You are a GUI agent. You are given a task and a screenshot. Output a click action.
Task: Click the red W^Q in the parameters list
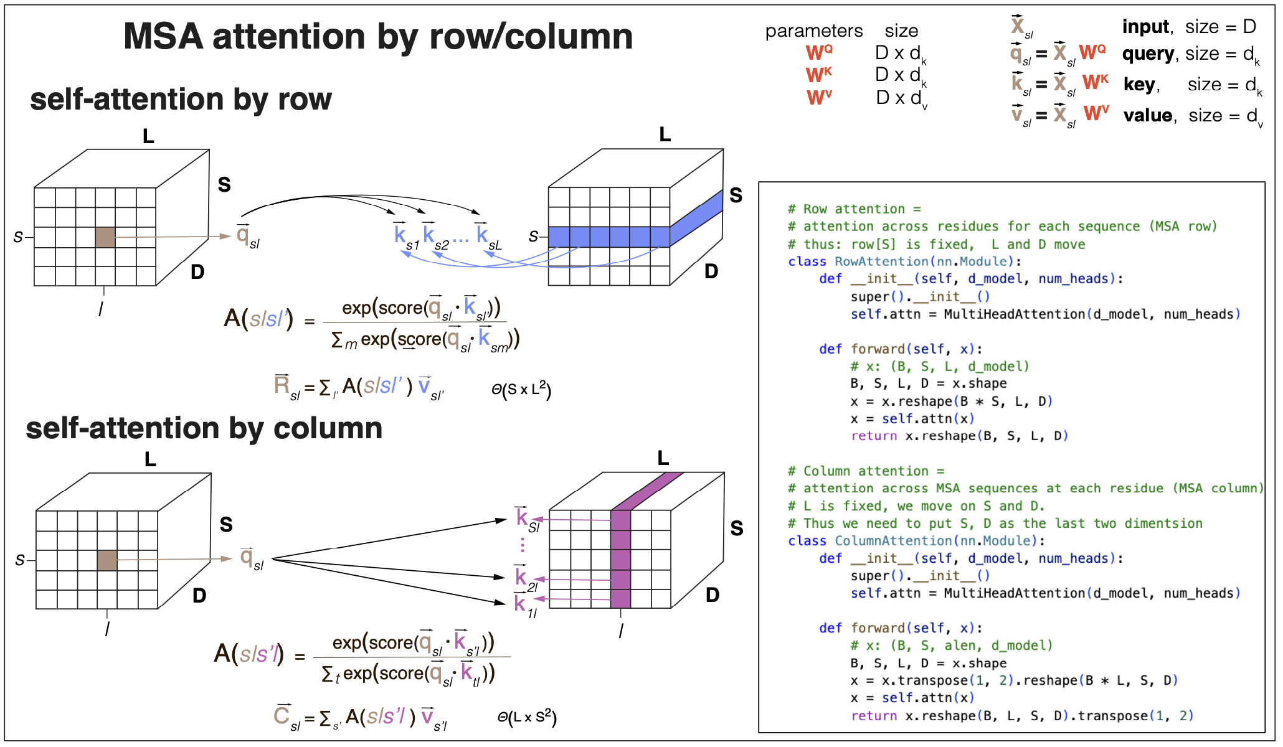pos(818,52)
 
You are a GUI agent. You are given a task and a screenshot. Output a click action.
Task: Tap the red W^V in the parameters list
pos(819,98)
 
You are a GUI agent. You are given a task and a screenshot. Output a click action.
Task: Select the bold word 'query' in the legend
pos(1148,54)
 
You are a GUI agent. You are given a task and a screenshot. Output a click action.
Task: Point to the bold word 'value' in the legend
pos(1148,116)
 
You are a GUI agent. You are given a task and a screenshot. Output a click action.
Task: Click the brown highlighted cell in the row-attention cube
pos(105,237)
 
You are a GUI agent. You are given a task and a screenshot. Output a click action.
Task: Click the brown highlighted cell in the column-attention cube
pos(107,560)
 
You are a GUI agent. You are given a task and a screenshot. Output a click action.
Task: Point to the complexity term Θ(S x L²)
pos(521,390)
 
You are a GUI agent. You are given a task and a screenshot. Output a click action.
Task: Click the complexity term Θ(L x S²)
pos(526,718)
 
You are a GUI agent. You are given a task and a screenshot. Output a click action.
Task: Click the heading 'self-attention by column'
pos(204,428)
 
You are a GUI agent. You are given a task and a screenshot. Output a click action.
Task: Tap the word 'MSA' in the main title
pos(163,36)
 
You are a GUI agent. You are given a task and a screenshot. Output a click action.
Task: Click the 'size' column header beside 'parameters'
pos(901,31)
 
